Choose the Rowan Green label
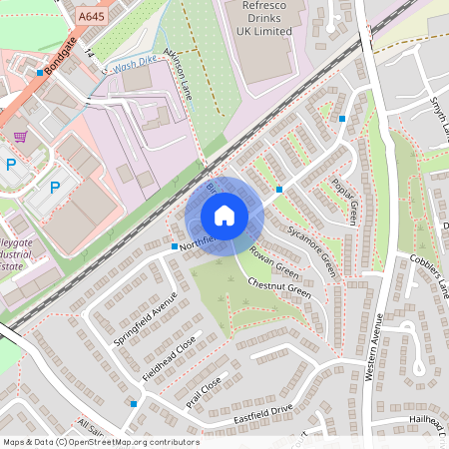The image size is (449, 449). click(273, 261)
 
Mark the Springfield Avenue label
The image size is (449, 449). click(145, 318)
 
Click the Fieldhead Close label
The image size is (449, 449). click(171, 362)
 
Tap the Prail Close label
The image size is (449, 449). click(204, 393)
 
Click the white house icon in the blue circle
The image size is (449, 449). click(224, 216)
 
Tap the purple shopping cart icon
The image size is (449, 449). click(19, 136)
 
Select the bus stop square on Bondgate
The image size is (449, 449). click(41, 72)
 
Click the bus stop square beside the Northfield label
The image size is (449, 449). click(175, 245)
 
